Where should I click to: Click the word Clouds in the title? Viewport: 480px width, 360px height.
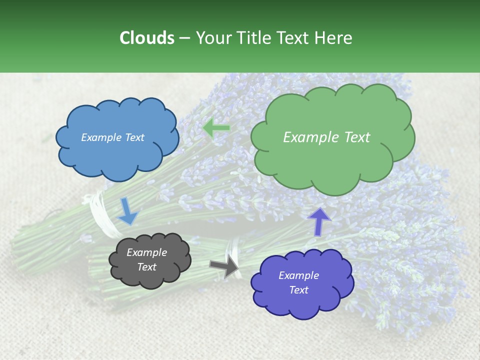(146, 38)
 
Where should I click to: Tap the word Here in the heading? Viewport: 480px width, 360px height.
(334, 38)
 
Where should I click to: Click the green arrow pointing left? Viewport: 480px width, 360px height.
(216, 128)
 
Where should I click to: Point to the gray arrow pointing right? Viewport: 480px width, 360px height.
(224, 266)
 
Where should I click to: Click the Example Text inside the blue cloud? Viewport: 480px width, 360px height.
(112, 137)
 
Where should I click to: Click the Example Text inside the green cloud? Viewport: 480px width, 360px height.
(326, 137)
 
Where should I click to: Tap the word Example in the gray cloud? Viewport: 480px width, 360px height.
(146, 252)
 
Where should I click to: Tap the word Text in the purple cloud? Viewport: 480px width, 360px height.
(298, 290)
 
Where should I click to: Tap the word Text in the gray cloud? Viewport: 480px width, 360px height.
(146, 267)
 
